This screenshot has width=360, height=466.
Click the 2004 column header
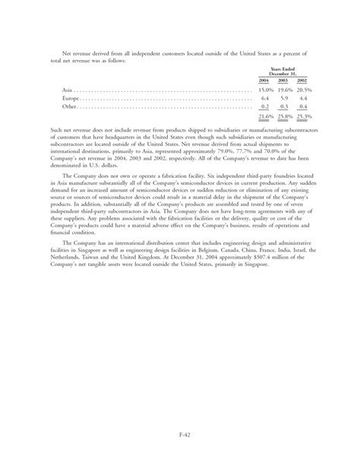(x=264, y=80)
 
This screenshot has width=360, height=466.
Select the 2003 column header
(x=283, y=80)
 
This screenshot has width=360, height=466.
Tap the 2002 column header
(x=302, y=80)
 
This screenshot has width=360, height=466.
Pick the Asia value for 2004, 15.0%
(x=264, y=90)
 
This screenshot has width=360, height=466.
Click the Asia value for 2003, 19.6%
(x=284, y=90)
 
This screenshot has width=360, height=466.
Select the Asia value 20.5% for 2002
(x=303, y=90)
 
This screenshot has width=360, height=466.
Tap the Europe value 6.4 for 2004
(x=265, y=98)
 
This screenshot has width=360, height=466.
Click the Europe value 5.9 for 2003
(x=284, y=98)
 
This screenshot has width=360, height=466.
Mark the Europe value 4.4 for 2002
(x=303, y=98)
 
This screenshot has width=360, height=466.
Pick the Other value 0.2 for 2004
(x=265, y=106)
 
